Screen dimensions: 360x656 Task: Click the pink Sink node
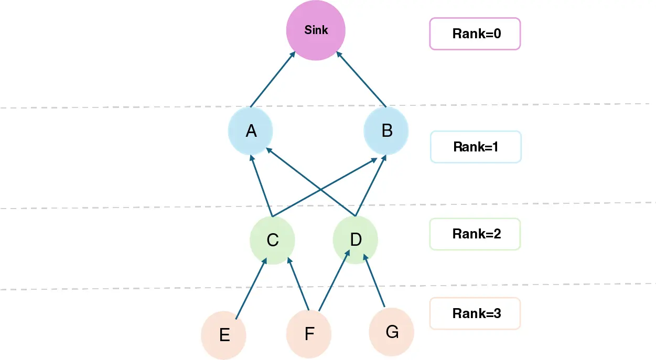click(316, 30)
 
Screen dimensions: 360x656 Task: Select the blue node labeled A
click(251, 131)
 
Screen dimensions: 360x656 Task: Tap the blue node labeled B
click(386, 130)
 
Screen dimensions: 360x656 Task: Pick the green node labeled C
click(272, 240)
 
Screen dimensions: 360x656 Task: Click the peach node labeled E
click(224, 334)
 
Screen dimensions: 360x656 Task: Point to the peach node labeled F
click(309, 333)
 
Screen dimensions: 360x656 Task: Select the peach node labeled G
click(391, 332)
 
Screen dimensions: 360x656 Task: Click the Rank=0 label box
click(475, 34)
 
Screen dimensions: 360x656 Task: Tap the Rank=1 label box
click(475, 147)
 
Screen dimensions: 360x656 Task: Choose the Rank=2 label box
click(475, 234)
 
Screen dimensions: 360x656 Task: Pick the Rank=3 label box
click(475, 314)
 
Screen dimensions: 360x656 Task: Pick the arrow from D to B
click(371, 186)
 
